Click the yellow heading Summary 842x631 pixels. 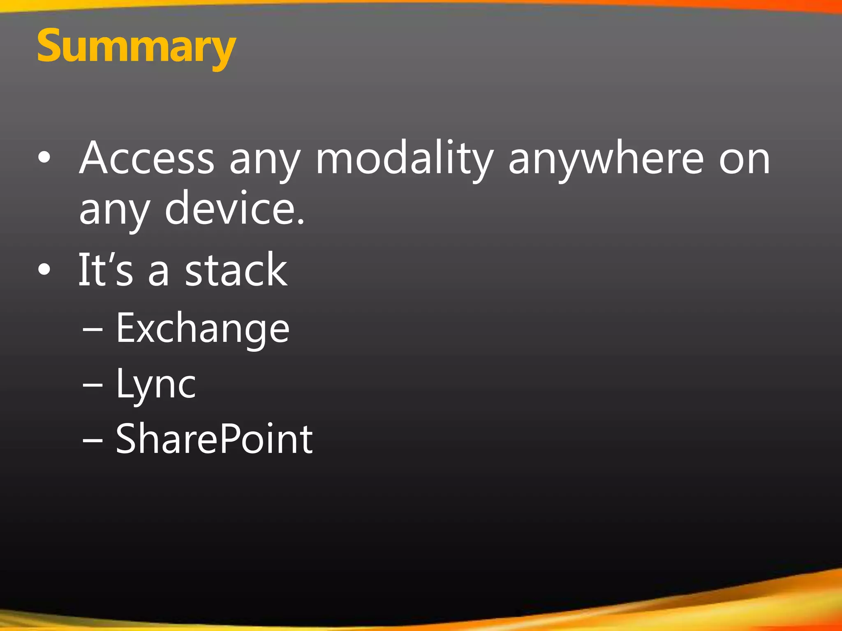click(136, 46)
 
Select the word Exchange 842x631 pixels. click(203, 329)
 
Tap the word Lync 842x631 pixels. click(156, 384)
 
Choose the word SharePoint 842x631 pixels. click(214, 439)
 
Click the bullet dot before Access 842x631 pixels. click(44, 158)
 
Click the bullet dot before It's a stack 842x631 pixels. click(44, 269)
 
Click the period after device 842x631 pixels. click(301, 222)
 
